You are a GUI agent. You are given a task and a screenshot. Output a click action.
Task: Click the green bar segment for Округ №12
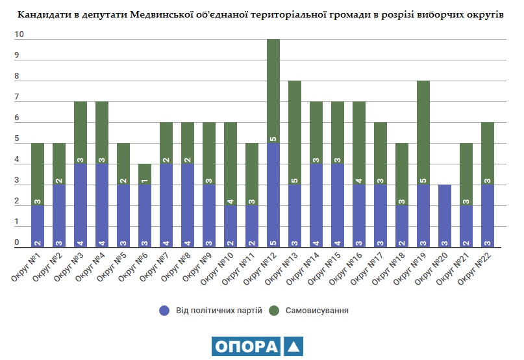pyautogui.click(x=273, y=91)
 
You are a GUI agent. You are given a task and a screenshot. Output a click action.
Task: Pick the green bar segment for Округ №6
pyautogui.click(x=145, y=174)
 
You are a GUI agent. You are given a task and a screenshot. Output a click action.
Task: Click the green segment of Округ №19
pyautogui.click(x=423, y=133)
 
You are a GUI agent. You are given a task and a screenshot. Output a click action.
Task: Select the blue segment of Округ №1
pyautogui.click(x=38, y=226)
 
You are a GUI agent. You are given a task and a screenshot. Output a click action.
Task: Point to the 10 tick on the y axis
pyautogui.click(x=19, y=36)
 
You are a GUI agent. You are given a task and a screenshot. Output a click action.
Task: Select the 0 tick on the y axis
pyautogui.click(x=18, y=243)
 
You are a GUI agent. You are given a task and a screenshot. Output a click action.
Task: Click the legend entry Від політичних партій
pyautogui.click(x=219, y=311)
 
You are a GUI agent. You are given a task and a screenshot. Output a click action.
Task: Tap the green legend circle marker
pyautogui.click(x=275, y=311)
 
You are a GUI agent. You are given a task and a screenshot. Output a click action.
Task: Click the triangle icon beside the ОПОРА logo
pyautogui.click(x=293, y=346)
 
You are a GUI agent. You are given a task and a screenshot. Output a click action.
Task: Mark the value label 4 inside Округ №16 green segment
pyautogui.click(x=358, y=181)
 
